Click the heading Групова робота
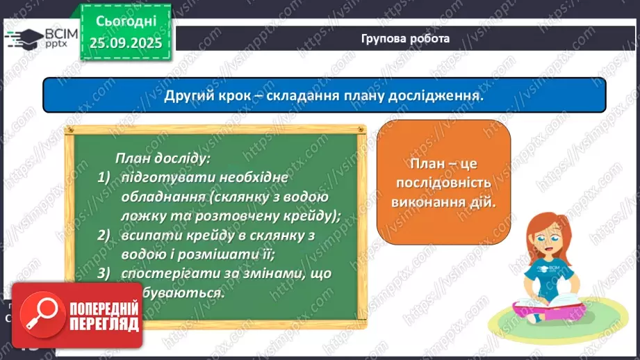(405, 39)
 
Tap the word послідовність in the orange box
(443, 183)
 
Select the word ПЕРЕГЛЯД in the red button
(104, 324)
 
